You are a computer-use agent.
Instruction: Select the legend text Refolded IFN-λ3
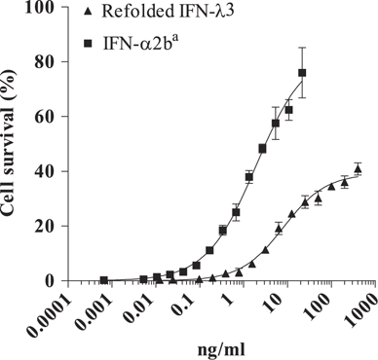pos(160,13)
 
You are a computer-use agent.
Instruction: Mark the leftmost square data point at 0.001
pos(103,280)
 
